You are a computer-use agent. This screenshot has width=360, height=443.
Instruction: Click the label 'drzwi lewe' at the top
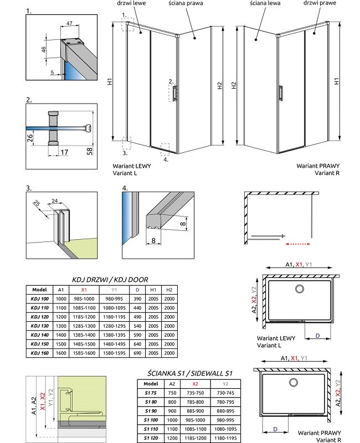(128, 3)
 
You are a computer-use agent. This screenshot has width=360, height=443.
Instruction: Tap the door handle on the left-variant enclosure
(176, 94)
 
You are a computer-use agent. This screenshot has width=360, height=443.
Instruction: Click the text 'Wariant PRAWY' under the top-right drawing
(318, 166)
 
